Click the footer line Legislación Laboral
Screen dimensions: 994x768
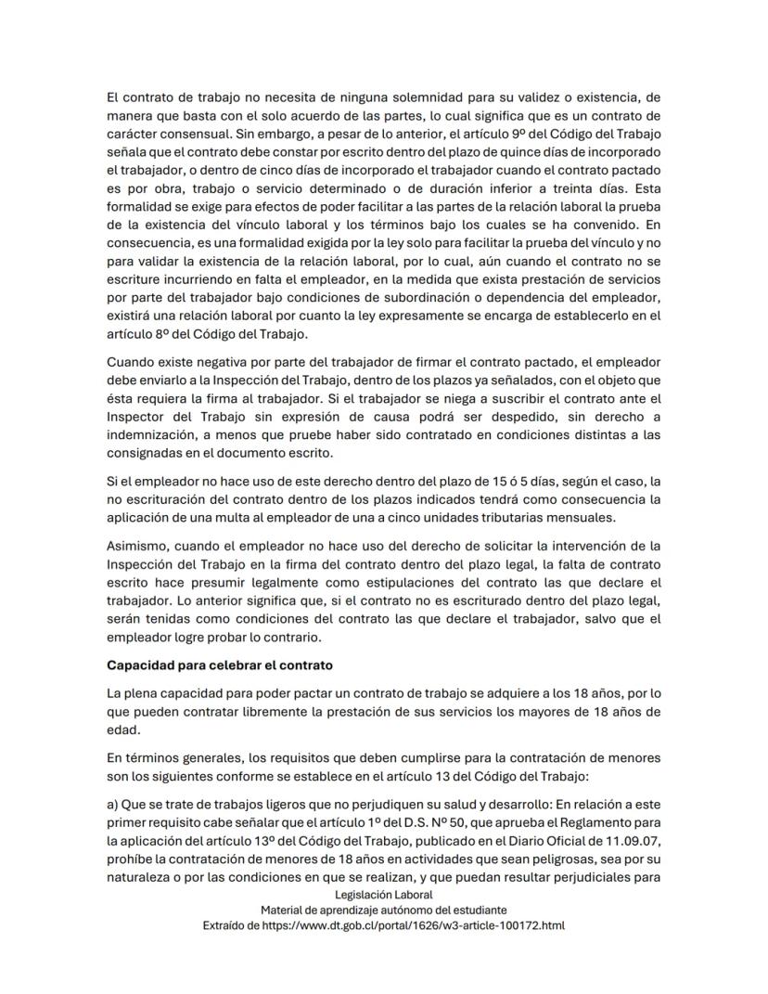383,894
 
